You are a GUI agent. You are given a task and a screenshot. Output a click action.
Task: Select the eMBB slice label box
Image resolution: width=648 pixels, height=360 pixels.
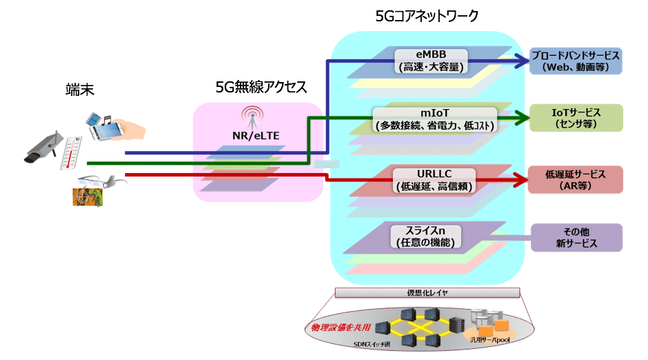[x=432, y=61]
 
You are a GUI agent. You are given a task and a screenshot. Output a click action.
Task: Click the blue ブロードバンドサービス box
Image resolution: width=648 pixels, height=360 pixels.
[x=576, y=61]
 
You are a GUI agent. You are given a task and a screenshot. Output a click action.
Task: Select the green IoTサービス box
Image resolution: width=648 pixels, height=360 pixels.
[x=576, y=118]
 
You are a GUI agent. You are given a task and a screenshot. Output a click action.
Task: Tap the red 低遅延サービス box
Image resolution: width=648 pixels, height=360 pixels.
[x=576, y=179]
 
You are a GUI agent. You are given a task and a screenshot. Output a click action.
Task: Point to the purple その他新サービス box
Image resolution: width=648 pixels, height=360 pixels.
[x=576, y=237]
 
